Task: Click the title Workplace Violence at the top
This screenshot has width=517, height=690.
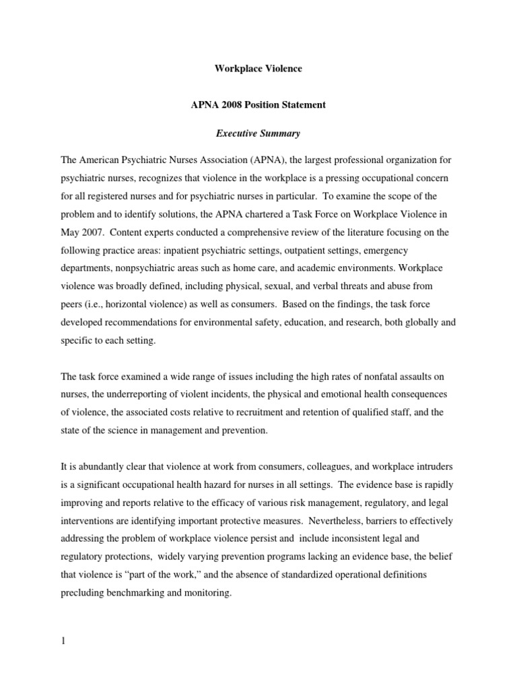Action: (x=258, y=68)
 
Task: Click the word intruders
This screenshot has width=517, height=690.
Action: (x=417, y=466)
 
